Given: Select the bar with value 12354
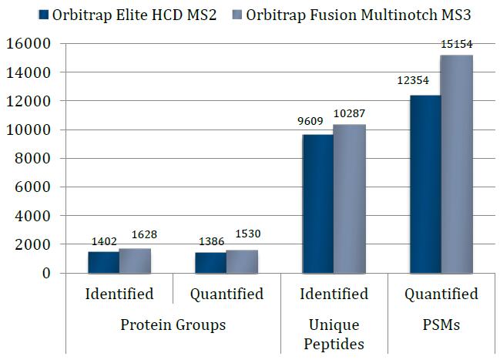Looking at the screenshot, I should point(425,184).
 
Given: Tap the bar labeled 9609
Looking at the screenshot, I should point(317,204).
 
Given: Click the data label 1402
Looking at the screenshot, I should point(102,241).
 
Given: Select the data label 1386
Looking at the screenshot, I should point(210,241).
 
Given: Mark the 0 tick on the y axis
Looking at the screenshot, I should point(45,273).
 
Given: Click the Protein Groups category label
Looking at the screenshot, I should point(173,325).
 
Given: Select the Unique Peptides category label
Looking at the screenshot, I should point(334,334).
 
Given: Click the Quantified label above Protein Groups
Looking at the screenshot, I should point(227,294).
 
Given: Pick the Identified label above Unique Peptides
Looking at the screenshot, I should point(334,294).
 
